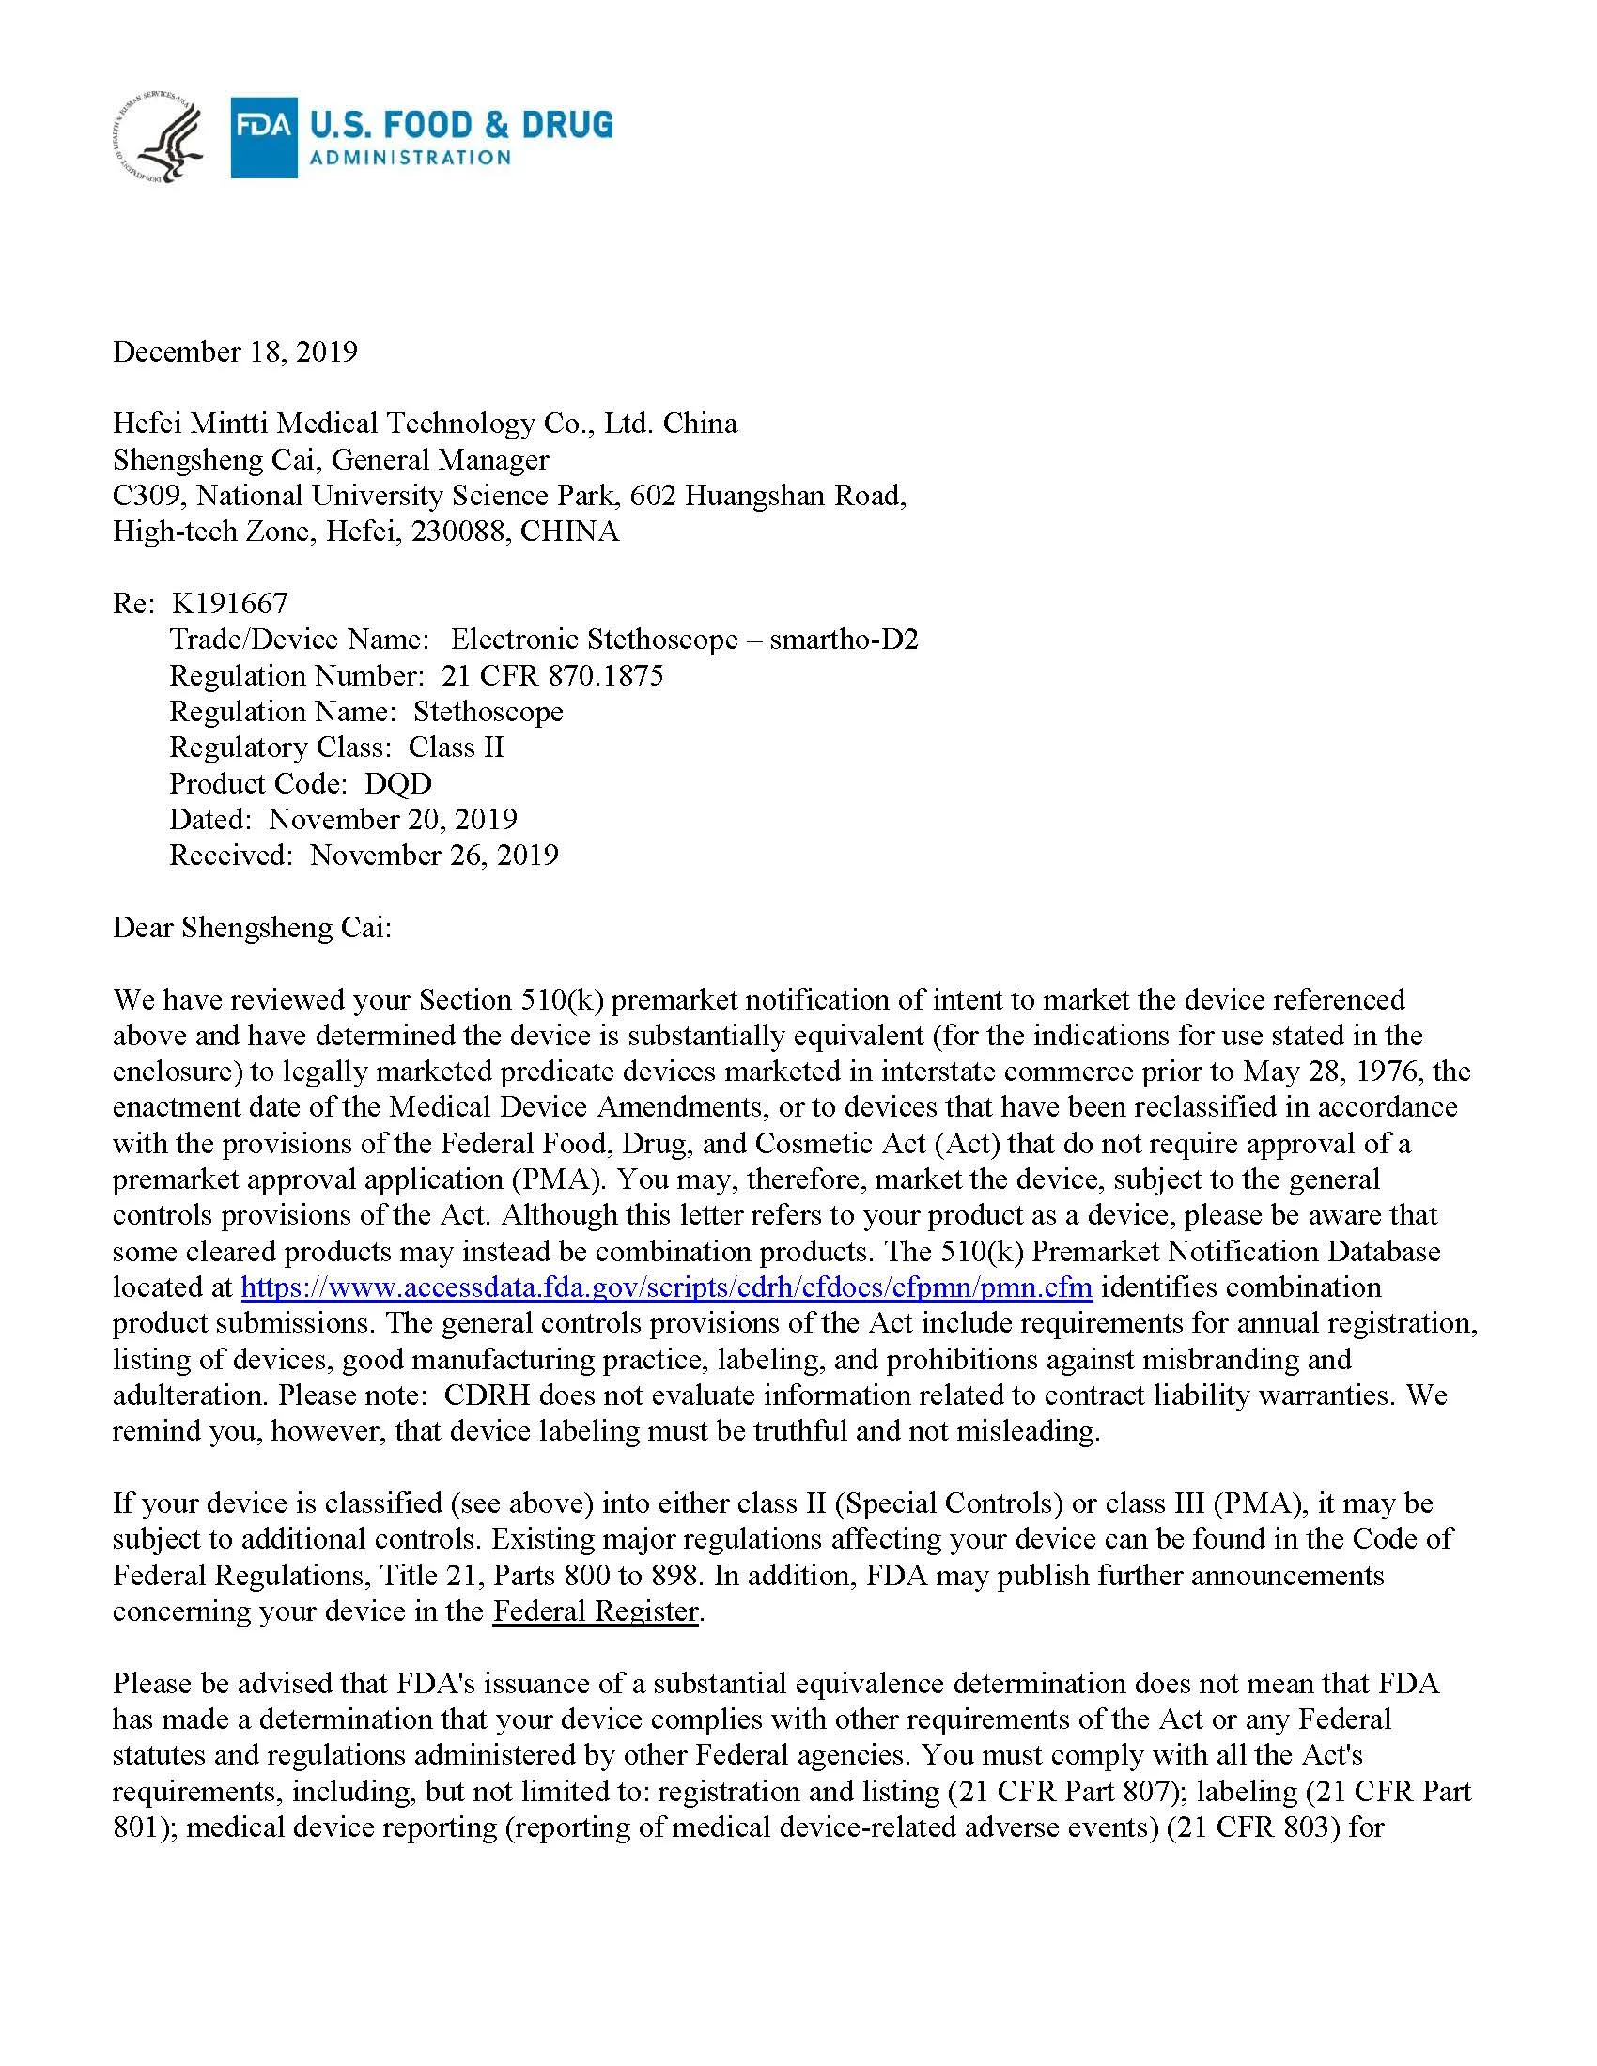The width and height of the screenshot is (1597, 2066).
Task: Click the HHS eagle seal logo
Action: point(157,138)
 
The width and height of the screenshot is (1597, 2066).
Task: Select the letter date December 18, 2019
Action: point(235,352)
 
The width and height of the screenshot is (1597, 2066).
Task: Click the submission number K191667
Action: point(230,603)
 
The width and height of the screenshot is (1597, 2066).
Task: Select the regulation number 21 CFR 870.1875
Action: point(552,675)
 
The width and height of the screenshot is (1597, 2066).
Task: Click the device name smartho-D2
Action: point(844,640)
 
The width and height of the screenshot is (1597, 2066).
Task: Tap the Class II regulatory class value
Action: point(456,748)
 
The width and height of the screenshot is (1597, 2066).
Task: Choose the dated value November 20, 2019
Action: point(393,819)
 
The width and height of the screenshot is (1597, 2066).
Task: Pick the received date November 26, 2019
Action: point(434,856)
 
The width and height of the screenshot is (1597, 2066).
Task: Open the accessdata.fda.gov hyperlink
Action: point(667,1287)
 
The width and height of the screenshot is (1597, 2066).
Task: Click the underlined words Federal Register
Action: point(595,1611)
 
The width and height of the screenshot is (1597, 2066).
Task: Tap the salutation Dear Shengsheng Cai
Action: point(252,927)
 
